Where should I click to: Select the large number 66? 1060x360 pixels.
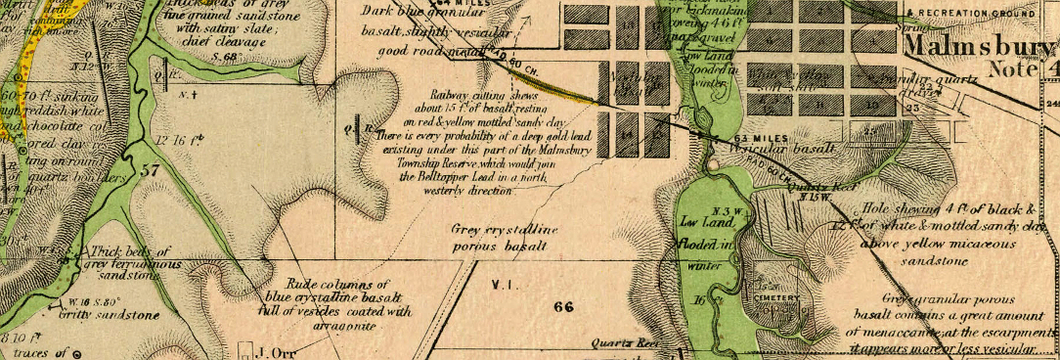point(562,306)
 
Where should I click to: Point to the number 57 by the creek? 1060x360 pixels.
point(150,170)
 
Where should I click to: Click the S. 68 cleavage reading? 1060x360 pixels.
point(225,58)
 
